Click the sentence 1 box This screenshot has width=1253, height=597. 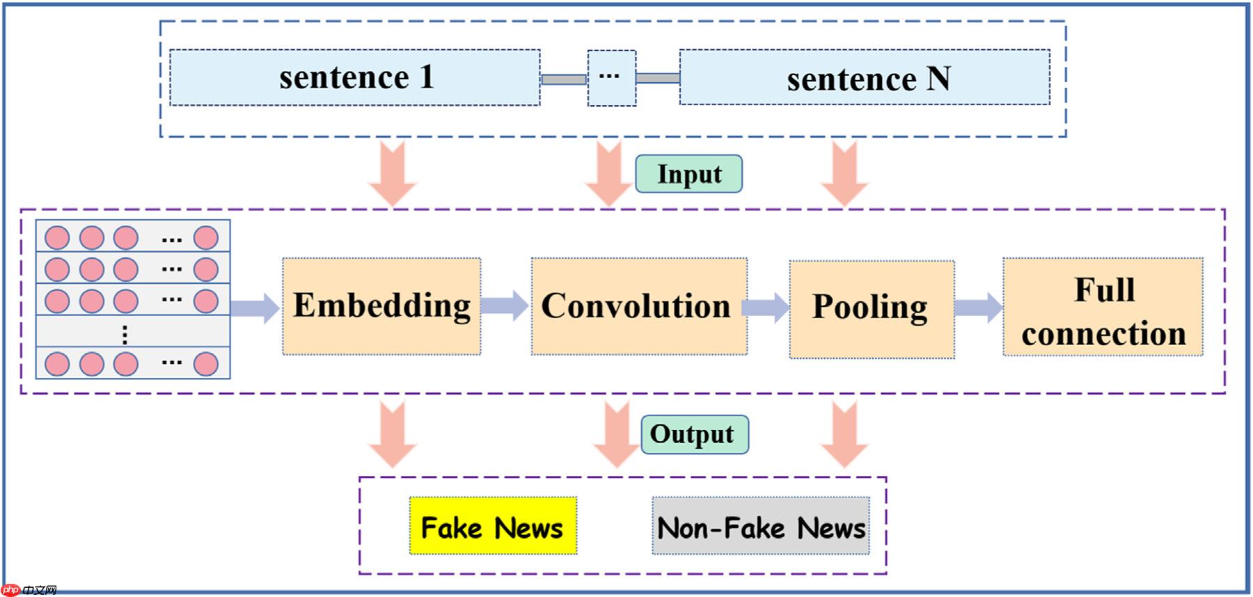coord(355,77)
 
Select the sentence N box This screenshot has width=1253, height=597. coord(865,77)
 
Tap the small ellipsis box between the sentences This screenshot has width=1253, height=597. coord(611,78)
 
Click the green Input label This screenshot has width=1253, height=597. coord(688,174)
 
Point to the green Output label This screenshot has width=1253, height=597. coord(694,434)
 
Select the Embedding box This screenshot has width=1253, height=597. coord(381,306)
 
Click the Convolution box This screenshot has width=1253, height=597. coord(638,306)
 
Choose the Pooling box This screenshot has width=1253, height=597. coord(871,309)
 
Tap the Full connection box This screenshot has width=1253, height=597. coord(1103,307)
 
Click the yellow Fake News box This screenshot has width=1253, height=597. coord(493,527)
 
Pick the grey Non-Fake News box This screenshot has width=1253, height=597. coord(760,527)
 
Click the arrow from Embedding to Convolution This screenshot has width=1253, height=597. coord(505,305)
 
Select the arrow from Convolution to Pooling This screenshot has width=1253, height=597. coord(766,307)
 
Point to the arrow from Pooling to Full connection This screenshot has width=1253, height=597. coord(978,307)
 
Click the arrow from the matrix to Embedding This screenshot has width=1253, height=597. coord(255,308)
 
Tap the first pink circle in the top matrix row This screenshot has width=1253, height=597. coord(57,238)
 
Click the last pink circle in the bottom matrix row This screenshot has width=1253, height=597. coord(206,364)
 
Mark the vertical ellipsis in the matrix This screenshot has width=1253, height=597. coord(125,335)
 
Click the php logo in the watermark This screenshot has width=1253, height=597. coord(10,590)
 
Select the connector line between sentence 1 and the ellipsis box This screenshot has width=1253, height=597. coord(563,79)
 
